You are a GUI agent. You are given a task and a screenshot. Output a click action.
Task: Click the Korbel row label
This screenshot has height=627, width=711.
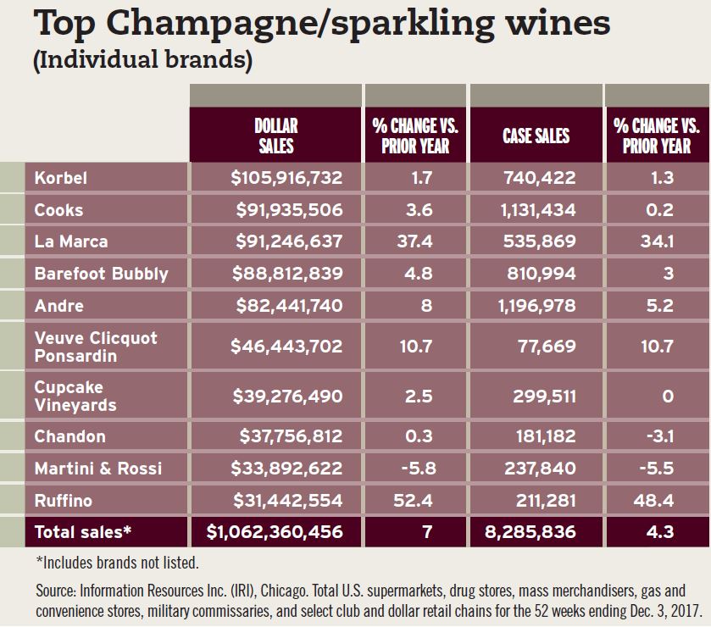coord(60,178)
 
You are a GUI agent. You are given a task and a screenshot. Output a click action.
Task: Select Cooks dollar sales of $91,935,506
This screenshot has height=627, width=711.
coord(286,210)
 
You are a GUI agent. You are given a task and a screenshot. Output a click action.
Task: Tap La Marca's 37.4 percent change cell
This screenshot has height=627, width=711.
coord(415,241)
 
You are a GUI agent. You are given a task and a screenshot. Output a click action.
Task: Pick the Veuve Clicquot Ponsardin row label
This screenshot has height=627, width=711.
coord(96,347)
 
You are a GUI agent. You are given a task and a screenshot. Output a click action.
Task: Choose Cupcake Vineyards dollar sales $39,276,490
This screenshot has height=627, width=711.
coord(286,395)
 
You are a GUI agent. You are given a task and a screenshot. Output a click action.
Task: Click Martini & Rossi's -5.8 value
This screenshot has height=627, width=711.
coord(415,469)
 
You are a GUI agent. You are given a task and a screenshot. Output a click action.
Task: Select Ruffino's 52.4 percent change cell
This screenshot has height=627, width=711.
coord(415,500)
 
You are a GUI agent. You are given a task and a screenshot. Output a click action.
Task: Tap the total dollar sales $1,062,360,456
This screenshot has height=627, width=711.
coord(275,532)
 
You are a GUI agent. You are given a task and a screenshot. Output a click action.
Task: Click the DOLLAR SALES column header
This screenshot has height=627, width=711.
coord(275,136)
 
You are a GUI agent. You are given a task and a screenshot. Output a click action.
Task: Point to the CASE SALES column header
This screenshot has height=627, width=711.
coord(536,136)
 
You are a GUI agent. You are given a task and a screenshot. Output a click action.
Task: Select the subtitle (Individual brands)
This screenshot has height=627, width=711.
coord(142,62)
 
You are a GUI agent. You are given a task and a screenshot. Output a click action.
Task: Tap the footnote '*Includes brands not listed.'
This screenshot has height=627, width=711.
coord(119,561)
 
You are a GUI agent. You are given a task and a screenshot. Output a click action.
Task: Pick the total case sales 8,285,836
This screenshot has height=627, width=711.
coord(531,532)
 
